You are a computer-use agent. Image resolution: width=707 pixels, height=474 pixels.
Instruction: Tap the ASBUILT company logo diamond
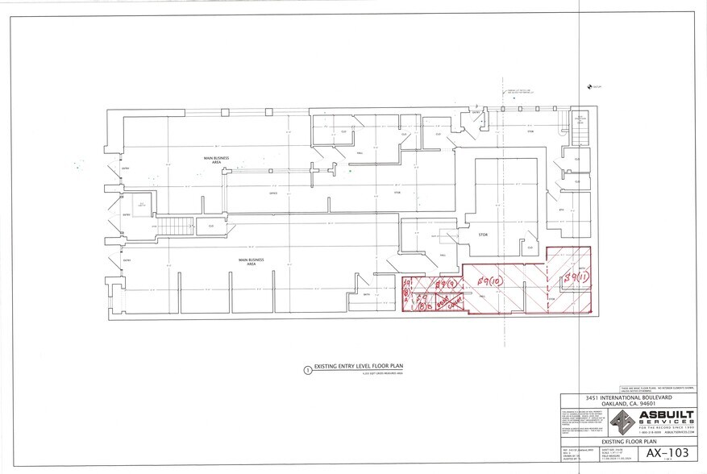624,421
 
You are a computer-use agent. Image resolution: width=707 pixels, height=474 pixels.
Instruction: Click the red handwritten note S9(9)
446,284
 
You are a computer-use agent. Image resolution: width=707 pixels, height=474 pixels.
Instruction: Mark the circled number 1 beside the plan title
307,372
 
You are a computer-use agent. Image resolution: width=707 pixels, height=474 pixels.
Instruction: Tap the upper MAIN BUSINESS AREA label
212,160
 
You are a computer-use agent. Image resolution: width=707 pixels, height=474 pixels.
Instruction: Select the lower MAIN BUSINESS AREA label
251,261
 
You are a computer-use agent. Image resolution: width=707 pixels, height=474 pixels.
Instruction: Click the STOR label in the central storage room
484,235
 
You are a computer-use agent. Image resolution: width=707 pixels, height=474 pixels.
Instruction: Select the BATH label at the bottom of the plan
366,295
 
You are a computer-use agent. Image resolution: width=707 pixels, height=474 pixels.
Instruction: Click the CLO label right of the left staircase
212,227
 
